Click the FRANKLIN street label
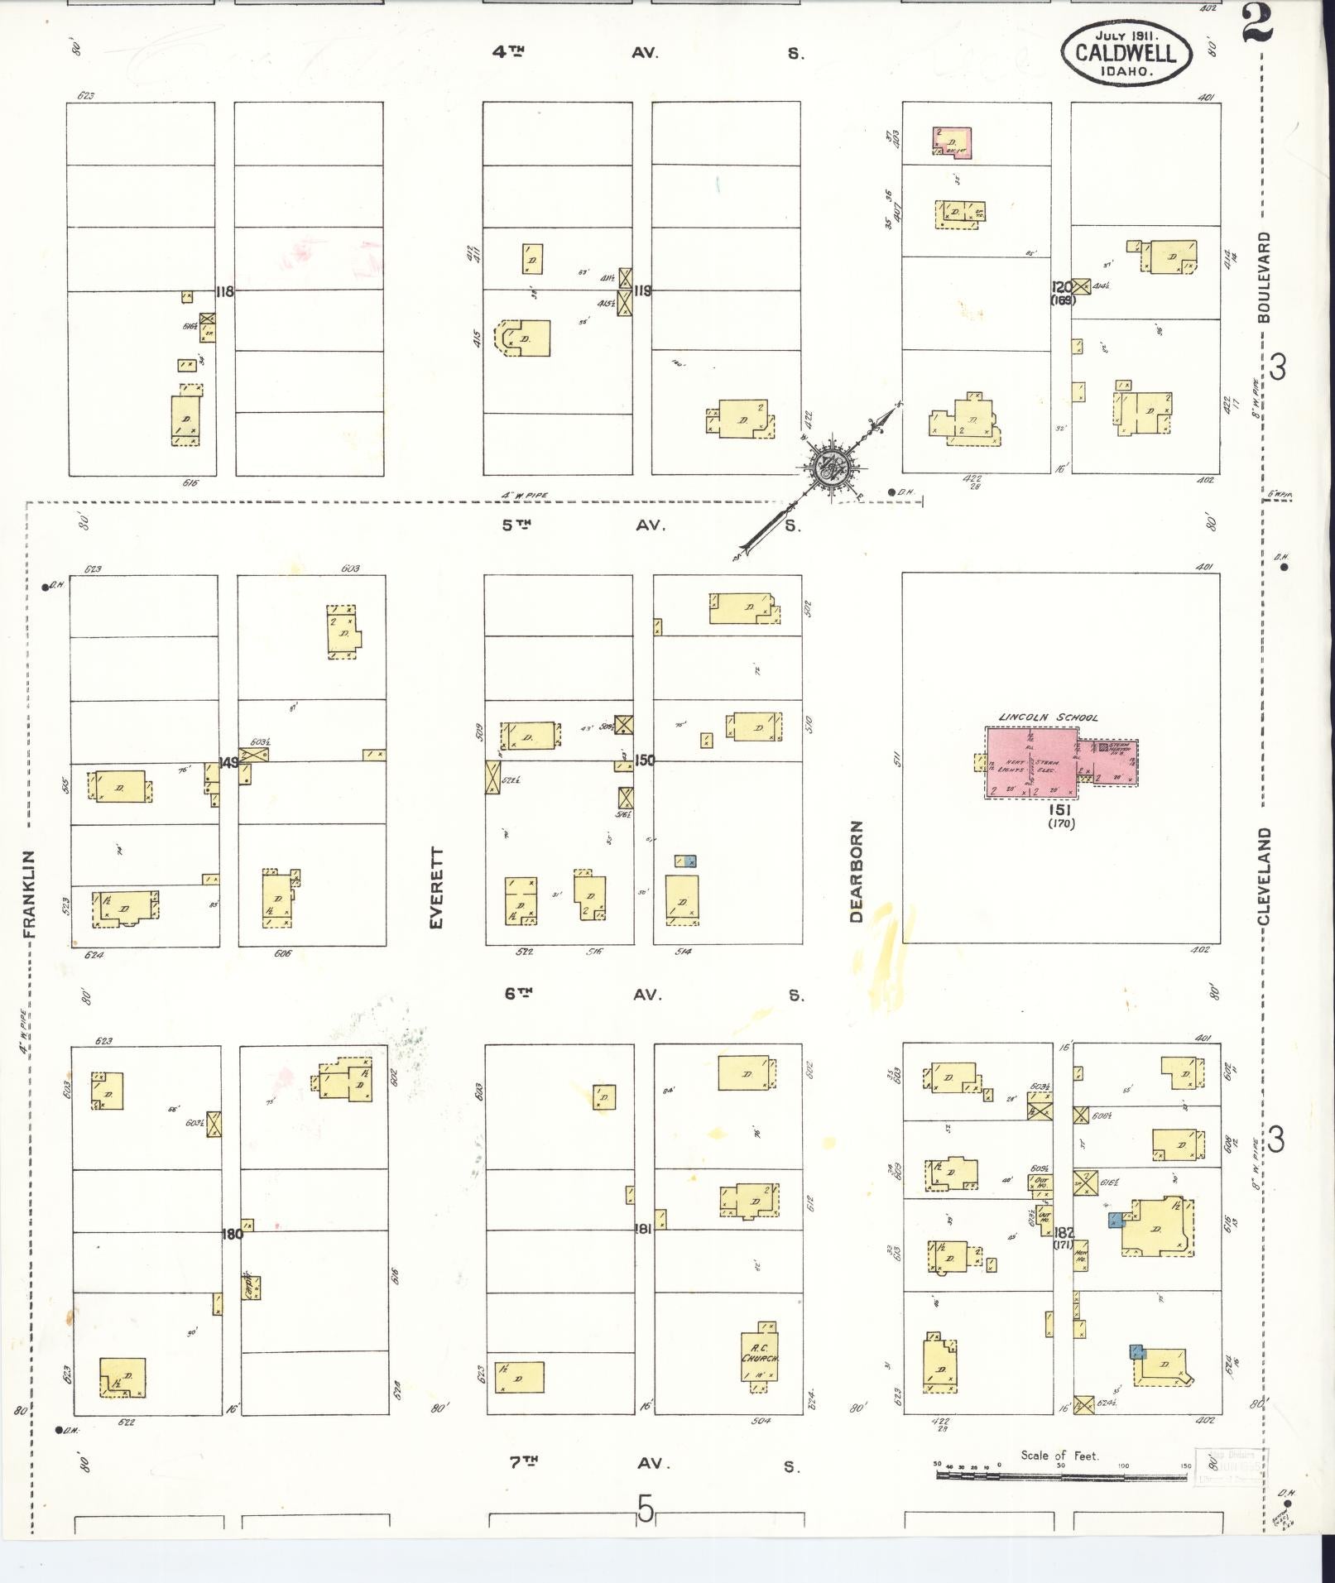click(31, 894)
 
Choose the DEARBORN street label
click(856, 871)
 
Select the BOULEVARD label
click(1263, 277)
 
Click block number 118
click(224, 291)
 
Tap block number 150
click(644, 759)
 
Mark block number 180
click(232, 1234)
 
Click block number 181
click(643, 1229)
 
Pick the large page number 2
click(1256, 23)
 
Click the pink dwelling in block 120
click(953, 142)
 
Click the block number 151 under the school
click(1060, 810)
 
